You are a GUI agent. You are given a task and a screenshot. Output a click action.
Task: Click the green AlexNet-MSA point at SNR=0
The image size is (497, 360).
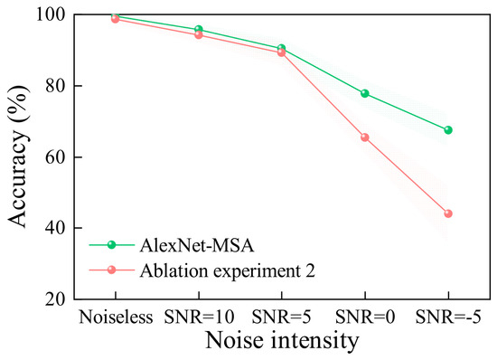[x=364, y=93]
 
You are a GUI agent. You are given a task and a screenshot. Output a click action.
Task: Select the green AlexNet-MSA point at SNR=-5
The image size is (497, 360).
[x=448, y=129]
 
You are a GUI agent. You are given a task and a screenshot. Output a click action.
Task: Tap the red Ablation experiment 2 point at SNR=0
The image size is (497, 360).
[x=364, y=137]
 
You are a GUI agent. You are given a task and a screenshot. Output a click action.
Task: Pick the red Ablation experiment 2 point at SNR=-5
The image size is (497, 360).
[x=448, y=213]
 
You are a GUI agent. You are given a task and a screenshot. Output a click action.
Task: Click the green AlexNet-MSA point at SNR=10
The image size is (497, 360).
[x=199, y=30]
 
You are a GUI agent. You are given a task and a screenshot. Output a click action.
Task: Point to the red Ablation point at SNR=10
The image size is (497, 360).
[x=199, y=34]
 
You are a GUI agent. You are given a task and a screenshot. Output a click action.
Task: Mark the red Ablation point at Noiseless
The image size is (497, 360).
[x=115, y=19]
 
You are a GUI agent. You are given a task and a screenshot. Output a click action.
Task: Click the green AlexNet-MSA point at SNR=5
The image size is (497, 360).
[x=281, y=48]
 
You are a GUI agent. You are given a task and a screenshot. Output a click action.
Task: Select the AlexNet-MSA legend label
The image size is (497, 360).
[x=197, y=245]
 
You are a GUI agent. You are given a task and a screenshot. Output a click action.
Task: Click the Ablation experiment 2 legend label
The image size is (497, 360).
[x=228, y=270]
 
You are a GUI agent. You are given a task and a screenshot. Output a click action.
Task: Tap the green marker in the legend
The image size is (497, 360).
[x=111, y=245]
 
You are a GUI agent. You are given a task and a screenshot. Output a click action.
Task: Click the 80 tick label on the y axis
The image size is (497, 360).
[x=55, y=86]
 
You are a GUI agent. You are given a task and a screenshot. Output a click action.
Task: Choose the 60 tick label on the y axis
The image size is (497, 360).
[x=55, y=157]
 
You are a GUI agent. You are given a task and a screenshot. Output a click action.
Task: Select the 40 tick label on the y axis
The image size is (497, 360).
[x=55, y=228]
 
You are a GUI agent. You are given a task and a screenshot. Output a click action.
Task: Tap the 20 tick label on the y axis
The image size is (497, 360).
[x=55, y=299]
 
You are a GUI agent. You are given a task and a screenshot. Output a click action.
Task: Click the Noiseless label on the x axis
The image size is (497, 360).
[x=116, y=317]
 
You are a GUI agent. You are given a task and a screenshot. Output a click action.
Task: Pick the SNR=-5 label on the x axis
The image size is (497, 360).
[x=448, y=317]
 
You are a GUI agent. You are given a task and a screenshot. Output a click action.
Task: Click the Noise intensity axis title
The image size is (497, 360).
[x=282, y=341]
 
